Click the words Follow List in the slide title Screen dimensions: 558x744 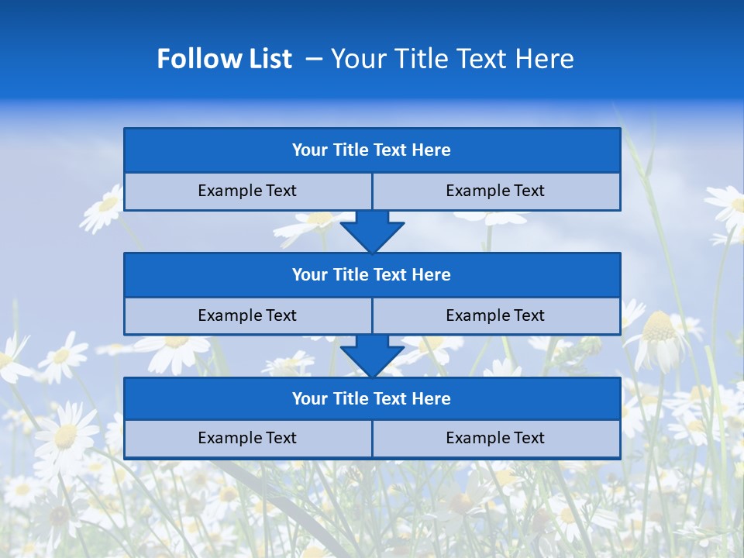tap(224, 59)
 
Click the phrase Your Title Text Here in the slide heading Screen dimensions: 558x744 tap(453, 59)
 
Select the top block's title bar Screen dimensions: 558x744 tap(372, 150)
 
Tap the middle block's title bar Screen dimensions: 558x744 tap(372, 275)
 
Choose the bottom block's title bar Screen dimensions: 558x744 tap(372, 399)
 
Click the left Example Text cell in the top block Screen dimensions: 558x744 tap(248, 191)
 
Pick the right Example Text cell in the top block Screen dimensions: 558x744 tap(496, 191)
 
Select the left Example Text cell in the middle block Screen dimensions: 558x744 tap(248, 316)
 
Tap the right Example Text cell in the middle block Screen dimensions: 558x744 tap(496, 316)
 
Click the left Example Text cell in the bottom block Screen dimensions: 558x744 tap(248, 439)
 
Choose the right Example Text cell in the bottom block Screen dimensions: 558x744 tap(496, 439)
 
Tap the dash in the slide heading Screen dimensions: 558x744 tap(315, 59)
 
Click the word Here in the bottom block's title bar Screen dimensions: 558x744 tap(432, 399)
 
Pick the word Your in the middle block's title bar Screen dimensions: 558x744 tap(309, 275)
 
